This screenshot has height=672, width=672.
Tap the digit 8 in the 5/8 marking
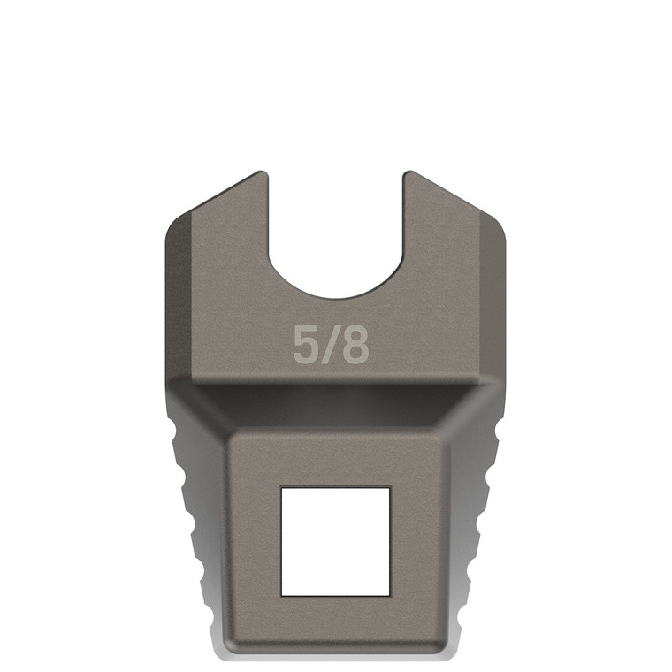tap(355, 346)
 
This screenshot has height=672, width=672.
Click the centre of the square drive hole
tap(335, 540)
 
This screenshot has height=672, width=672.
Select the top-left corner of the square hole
tap(281, 487)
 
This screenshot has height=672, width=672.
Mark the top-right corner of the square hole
tap(390, 487)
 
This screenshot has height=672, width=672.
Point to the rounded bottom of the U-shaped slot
tap(335, 295)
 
